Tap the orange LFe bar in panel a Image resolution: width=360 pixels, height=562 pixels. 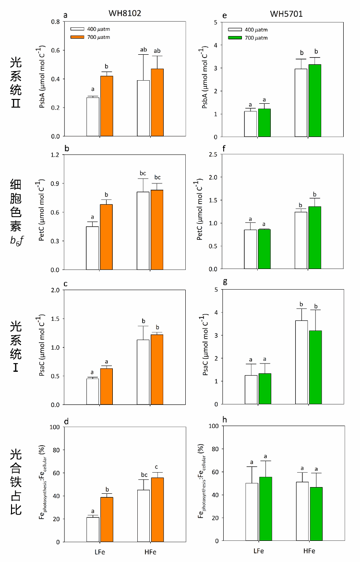pyautogui.click(x=107, y=106)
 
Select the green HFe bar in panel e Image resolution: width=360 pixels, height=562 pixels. pyautogui.click(x=315, y=100)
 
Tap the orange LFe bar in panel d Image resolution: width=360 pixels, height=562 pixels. pyautogui.click(x=107, y=519)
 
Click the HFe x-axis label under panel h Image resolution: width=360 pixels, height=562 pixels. pyautogui.click(x=308, y=550)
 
